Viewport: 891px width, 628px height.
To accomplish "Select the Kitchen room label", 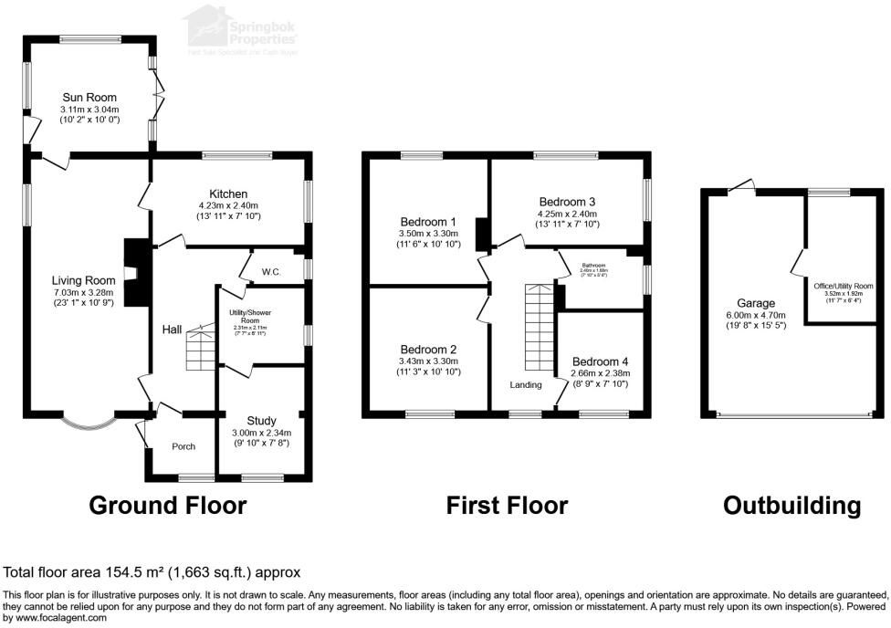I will (228, 194).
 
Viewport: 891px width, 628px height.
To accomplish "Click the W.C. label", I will (271, 271).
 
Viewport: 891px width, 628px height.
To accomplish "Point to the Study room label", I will (260, 420).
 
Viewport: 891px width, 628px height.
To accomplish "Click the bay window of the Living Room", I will (89, 423).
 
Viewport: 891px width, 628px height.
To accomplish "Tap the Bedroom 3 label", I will (567, 201).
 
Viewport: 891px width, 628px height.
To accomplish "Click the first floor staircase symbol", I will (540, 325).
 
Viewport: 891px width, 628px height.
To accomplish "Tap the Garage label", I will (756, 303).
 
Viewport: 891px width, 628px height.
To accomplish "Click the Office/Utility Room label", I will (844, 286).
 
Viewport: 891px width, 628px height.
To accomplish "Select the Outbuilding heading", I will (791, 505).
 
